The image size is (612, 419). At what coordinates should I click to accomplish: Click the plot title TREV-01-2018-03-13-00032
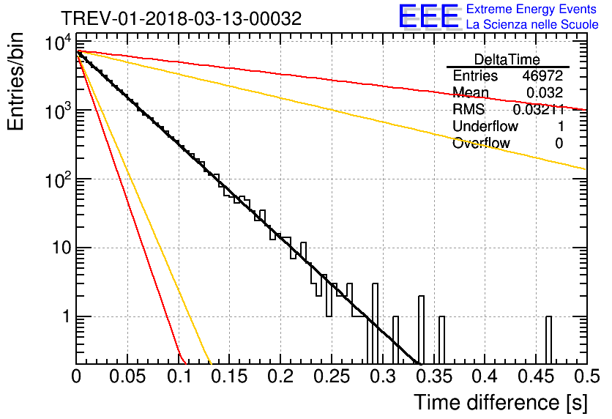click(181, 18)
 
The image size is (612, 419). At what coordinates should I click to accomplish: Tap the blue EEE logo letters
click(428, 16)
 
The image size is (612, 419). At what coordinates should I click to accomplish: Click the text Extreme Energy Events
click(531, 9)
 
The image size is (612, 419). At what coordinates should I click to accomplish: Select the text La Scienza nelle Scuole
click(532, 24)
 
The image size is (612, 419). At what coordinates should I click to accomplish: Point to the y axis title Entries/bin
click(15, 81)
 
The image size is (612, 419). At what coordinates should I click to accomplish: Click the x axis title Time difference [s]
click(501, 403)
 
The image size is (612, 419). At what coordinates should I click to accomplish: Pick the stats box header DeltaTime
click(507, 59)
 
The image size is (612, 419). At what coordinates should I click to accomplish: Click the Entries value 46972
click(543, 75)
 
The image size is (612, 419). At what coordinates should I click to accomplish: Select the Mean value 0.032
click(545, 92)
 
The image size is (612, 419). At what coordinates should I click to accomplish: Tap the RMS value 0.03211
click(539, 109)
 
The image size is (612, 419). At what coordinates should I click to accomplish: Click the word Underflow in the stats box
click(485, 126)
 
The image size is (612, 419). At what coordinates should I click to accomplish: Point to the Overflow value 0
click(559, 143)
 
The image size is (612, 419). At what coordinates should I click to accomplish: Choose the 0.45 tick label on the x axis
click(536, 377)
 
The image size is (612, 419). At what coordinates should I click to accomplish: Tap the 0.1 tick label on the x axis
click(179, 377)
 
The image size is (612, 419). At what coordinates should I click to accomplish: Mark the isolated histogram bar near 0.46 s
click(548, 340)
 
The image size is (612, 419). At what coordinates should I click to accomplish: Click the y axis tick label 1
click(66, 316)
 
